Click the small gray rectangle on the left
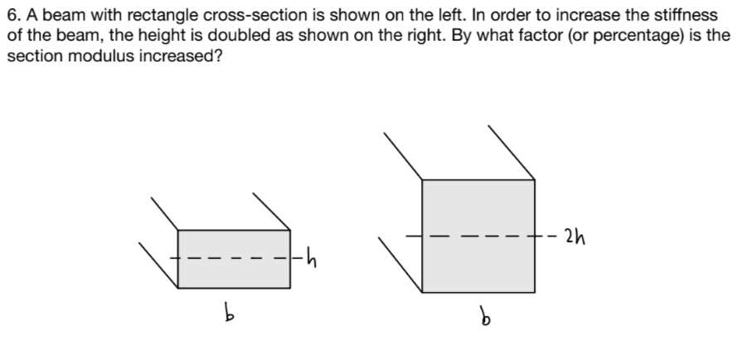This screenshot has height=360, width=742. pos(234,259)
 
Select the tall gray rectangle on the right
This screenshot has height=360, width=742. pos(478,236)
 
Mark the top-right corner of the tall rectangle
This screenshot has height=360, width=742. pos(534,180)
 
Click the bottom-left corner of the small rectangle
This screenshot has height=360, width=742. pos(178,288)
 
